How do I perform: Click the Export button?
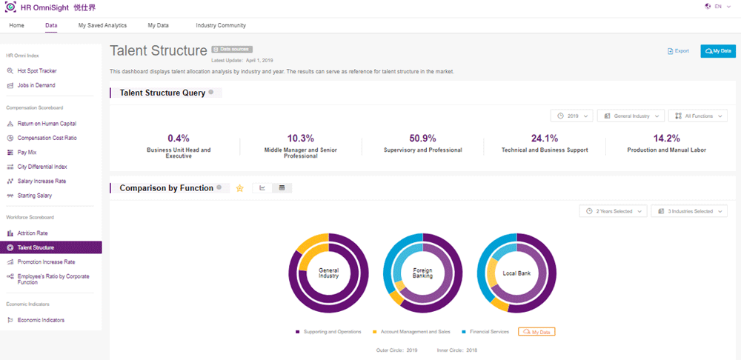pos(678,51)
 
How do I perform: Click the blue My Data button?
pos(717,51)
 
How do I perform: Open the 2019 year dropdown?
pos(572,116)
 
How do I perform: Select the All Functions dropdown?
pos(697,116)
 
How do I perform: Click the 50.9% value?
pos(422,138)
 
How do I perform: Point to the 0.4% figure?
pos(179,138)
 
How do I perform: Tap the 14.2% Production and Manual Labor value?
pos(666,138)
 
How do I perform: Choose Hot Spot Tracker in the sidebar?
pos(37,71)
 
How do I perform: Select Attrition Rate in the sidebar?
pos(33,233)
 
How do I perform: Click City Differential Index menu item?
pos(42,167)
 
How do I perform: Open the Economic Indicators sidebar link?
pos(41,320)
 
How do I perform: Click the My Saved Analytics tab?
pos(102,25)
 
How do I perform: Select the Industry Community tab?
pos(221,25)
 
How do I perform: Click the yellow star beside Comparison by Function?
pos(239,188)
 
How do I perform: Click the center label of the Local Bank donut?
pos(516,273)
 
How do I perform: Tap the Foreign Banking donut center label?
pos(422,272)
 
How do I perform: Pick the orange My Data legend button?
pos(536,332)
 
